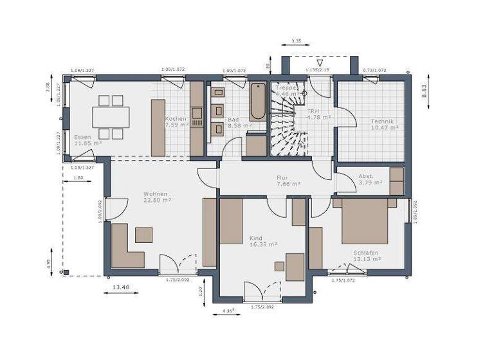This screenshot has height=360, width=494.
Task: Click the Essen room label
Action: click(x=82, y=137)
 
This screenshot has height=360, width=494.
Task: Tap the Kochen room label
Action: click(x=176, y=119)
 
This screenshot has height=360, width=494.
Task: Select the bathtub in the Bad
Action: click(x=257, y=102)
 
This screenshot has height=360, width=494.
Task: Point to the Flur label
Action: click(x=282, y=177)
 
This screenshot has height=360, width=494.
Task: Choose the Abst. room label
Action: click(x=366, y=175)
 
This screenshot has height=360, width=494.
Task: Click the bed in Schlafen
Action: click(x=364, y=221)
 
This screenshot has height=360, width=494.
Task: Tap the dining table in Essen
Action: click(x=111, y=117)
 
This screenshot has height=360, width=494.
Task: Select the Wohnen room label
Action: click(x=156, y=194)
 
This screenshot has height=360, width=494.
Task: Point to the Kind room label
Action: click(x=256, y=238)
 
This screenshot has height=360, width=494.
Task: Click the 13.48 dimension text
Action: click(x=121, y=287)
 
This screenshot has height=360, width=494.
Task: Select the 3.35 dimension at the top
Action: click(x=297, y=41)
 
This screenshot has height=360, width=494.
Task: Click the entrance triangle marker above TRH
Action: click(x=311, y=63)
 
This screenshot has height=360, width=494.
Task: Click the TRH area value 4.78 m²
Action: click(x=318, y=117)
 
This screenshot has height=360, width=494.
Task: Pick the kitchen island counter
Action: click(x=158, y=127)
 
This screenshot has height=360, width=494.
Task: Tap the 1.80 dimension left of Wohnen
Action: click(x=78, y=177)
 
